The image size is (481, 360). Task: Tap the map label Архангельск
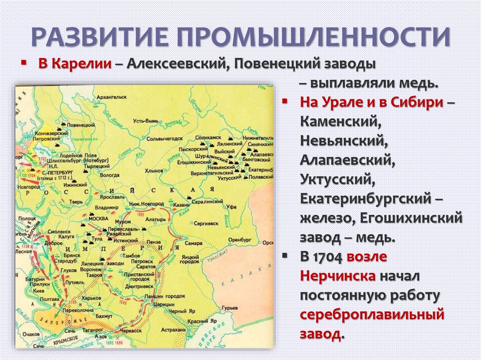[110, 97]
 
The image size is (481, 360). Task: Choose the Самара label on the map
[194, 244]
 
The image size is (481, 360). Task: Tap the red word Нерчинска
[337, 276]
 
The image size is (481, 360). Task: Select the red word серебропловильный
[372, 314]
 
